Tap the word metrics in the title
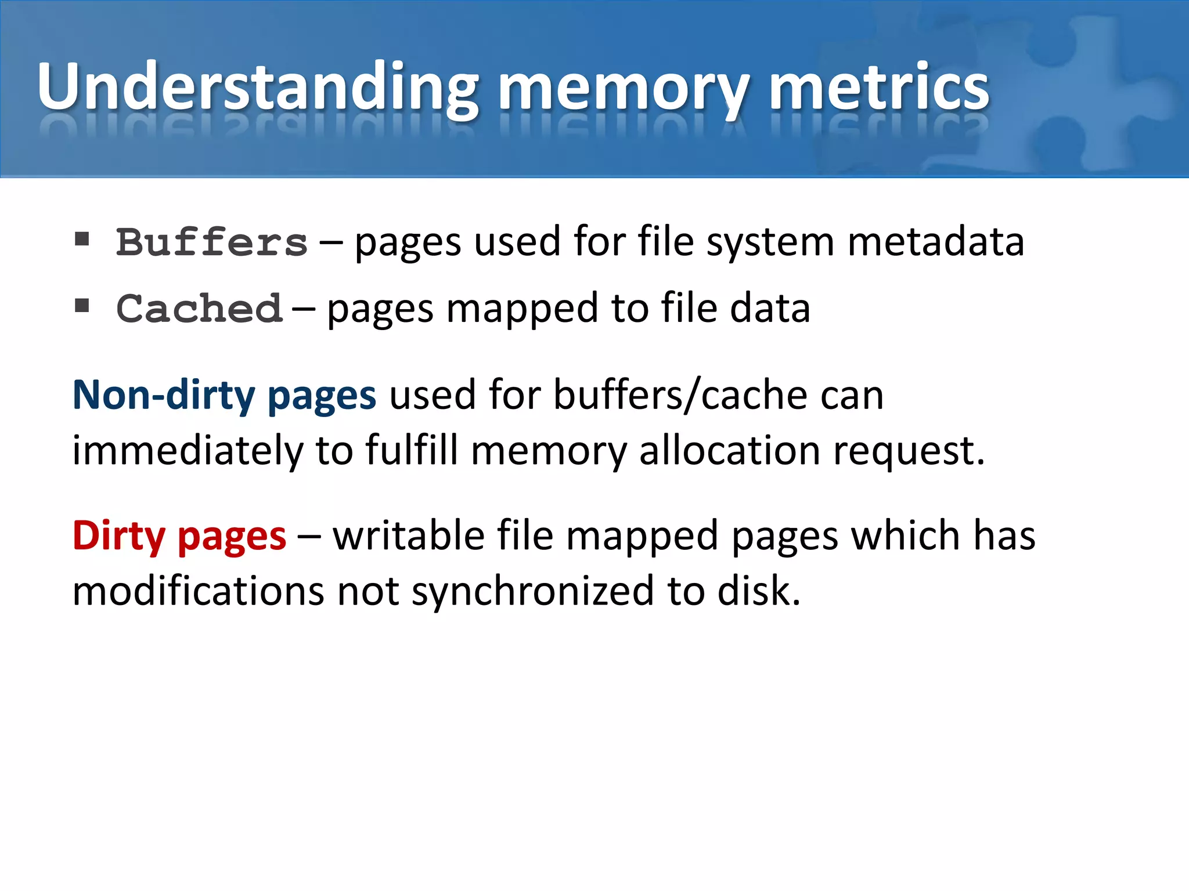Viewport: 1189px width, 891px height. point(878,87)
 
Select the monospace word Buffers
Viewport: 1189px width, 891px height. point(212,242)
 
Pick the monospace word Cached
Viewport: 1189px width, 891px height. point(199,309)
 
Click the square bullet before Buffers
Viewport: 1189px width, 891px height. point(82,239)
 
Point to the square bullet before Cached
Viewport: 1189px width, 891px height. point(82,305)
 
